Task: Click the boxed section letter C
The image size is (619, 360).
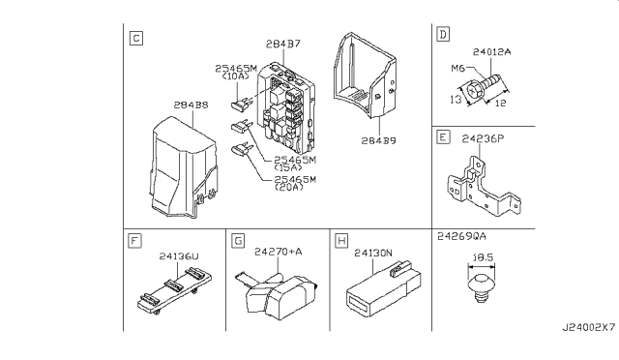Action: point(136,39)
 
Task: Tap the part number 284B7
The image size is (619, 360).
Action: point(283,44)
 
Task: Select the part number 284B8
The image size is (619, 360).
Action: point(192,105)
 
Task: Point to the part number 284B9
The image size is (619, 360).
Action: point(378,140)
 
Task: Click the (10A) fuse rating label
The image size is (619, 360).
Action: point(236,75)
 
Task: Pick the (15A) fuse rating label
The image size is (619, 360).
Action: point(288,167)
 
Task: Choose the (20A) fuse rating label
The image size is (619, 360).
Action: point(289,187)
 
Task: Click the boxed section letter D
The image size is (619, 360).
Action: point(443,35)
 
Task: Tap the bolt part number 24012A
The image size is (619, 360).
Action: point(492,51)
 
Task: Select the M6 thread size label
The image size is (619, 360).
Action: point(457,69)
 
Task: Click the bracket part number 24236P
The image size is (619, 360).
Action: point(483,138)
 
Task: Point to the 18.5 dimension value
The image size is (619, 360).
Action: point(483,257)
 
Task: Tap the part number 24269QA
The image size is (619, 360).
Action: point(461,236)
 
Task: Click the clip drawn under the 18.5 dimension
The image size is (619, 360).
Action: point(482,287)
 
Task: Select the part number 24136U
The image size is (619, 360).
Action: point(179,256)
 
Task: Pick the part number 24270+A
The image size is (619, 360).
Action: point(279,252)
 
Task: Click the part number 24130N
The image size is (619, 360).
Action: point(373,253)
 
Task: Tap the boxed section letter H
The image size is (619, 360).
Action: point(341,241)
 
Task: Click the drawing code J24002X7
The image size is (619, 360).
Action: point(589,328)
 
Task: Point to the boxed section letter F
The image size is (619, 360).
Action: point(135,241)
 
